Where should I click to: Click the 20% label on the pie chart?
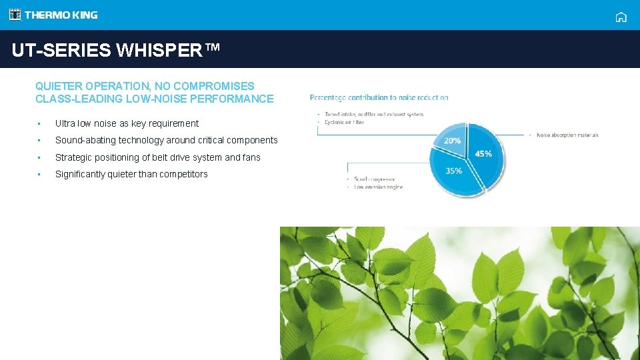(452, 141)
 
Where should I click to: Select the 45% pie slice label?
(483, 153)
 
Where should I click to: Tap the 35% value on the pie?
(453, 171)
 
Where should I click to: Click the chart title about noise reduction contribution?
(379, 97)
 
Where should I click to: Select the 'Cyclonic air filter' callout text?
(343, 122)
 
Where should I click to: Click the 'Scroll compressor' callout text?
(375, 179)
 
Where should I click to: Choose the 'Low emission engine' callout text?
(378, 187)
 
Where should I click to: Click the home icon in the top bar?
(621, 17)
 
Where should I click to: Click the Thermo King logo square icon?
(15, 15)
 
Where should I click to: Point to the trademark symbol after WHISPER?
(211, 48)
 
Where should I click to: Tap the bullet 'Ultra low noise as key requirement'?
(127, 123)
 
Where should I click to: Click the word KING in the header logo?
(85, 15)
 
